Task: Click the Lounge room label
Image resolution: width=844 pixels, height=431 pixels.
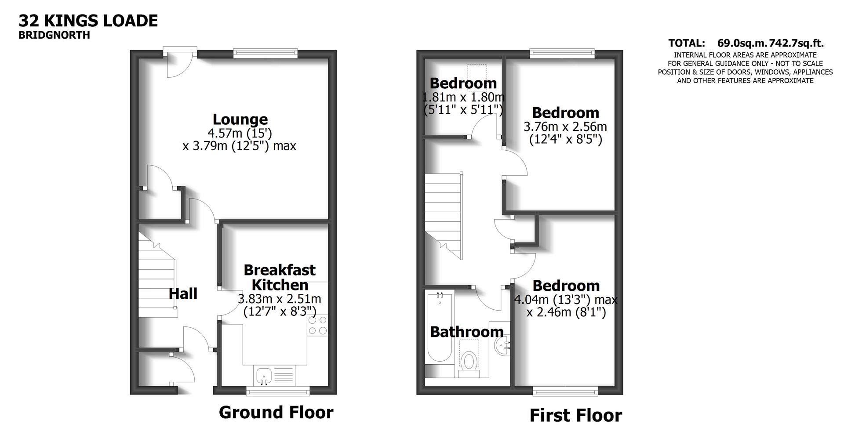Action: [x=240, y=120]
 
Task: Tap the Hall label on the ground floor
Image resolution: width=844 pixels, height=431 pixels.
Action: [x=183, y=293]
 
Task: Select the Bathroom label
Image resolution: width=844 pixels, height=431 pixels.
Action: [x=466, y=332]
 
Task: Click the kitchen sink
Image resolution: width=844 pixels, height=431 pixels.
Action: [x=264, y=376]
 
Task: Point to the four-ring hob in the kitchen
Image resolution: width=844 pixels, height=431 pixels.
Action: [x=317, y=326]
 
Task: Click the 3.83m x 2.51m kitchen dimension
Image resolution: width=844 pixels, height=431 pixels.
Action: [x=279, y=299]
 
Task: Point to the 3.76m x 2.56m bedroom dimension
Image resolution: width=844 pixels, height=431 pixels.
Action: [x=565, y=127]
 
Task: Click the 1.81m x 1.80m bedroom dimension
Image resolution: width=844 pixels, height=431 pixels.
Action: [x=463, y=97]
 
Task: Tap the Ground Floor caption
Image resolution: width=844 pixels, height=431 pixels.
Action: [x=276, y=413]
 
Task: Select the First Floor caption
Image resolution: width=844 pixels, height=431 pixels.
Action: [x=575, y=416]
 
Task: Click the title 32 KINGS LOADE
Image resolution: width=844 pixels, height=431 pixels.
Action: [x=88, y=21]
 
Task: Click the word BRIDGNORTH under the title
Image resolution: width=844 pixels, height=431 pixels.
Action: [x=54, y=35]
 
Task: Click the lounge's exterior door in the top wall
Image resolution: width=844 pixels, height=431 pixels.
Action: [x=180, y=55]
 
